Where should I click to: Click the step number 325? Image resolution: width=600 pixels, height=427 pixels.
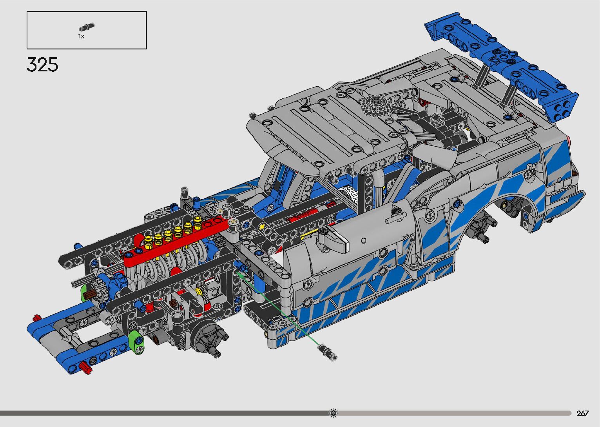pos(42,65)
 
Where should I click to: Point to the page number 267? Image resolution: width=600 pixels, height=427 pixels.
pos(583,413)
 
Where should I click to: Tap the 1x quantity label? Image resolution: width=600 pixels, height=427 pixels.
pos(81,36)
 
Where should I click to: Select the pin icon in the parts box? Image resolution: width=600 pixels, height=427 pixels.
pos(87,27)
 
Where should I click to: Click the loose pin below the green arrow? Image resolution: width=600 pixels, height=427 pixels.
pos(327,351)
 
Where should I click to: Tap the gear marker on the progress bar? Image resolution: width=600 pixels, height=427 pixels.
pos(333,413)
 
